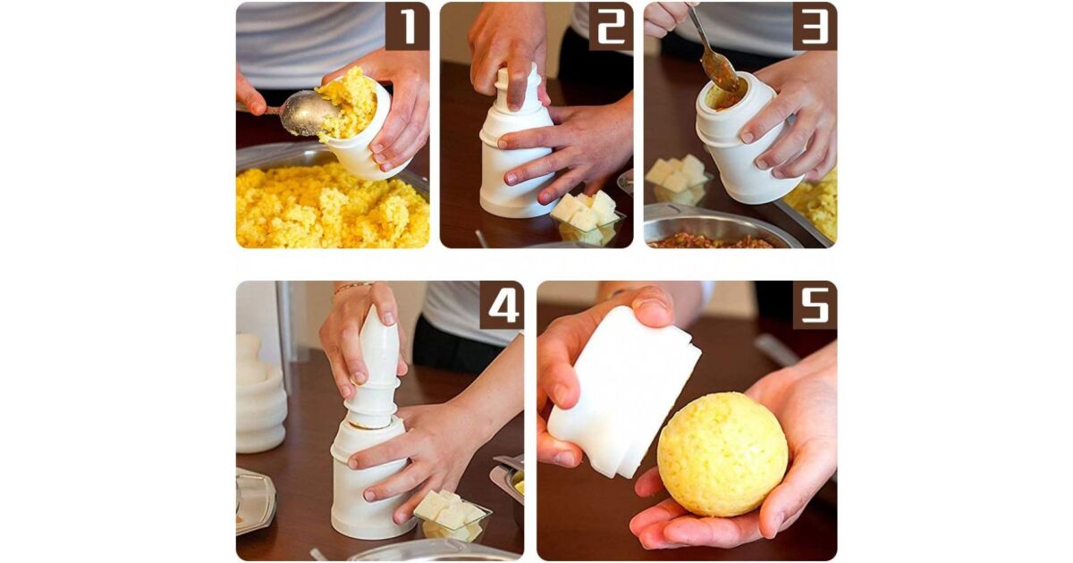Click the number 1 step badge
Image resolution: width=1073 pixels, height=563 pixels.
click(x=407, y=26)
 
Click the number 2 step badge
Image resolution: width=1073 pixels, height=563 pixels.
click(x=611, y=26)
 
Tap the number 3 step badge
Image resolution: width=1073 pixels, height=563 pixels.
click(x=815, y=26)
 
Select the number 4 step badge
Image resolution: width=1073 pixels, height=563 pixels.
click(x=502, y=306)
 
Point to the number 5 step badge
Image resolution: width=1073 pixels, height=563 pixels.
click(x=815, y=306)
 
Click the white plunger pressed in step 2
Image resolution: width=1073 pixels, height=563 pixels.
click(x=518, y=96)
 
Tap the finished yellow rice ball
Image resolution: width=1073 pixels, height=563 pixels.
click(x=722, y=455)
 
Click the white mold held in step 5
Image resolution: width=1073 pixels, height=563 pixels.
click(x=622, y=392)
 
